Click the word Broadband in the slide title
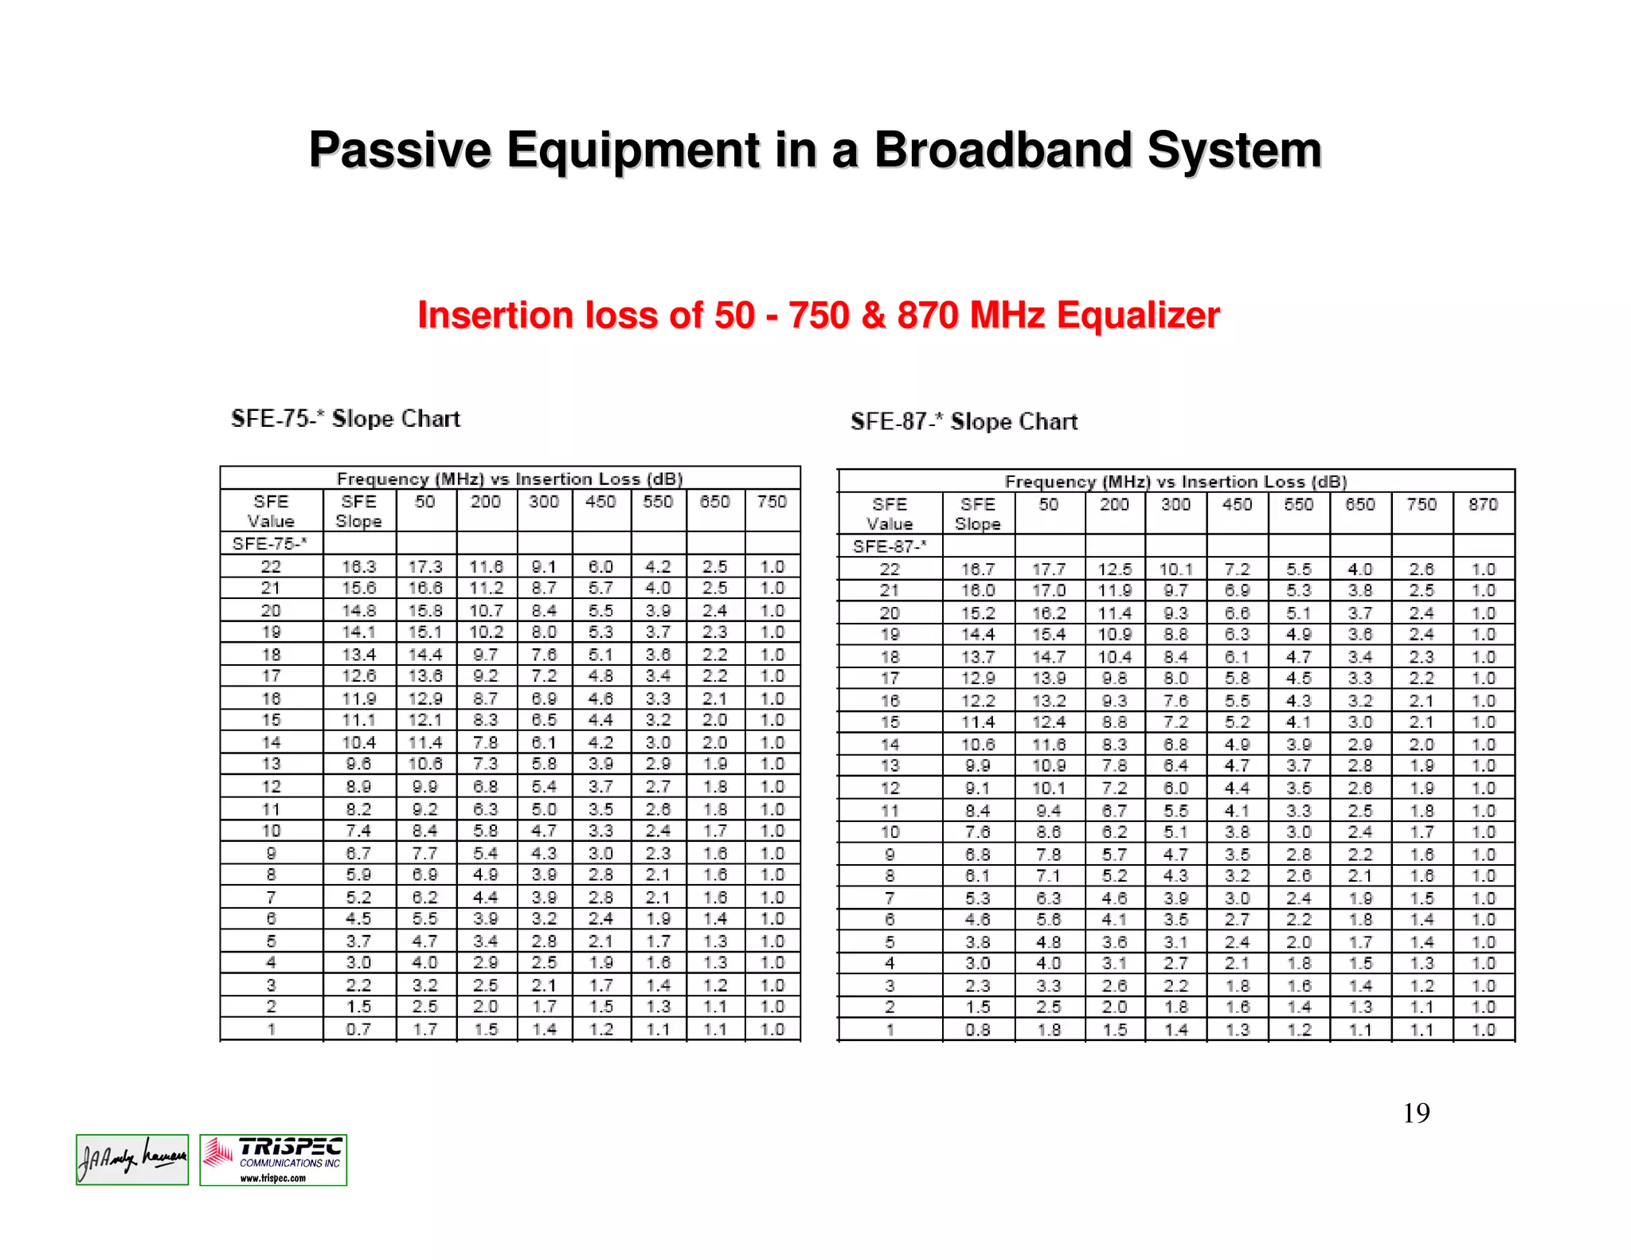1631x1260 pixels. [x=1001, y=150]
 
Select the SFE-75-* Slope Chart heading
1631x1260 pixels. [x=346, y=419]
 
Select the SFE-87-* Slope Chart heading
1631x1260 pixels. [x=964, y=421]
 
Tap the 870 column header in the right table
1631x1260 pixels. [x=1483, y=505]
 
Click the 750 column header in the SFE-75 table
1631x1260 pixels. [x=772, y=502]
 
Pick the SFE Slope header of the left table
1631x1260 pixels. [x=358, y=511]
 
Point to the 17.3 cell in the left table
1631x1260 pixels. [x=425, y=566]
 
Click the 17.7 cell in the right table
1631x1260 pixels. [x=1049, y=569]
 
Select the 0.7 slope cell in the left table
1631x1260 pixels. [x=358, y=1029]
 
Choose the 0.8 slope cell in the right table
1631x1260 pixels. [x=977, y=1030]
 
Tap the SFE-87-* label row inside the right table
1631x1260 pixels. [x=890, y=547]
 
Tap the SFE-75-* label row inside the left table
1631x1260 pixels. [x=270, y=544]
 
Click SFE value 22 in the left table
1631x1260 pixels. [x=271, y=566]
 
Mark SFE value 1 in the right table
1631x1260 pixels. [x=890, y=1030]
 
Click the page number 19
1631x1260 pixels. [x=1416, y=1113]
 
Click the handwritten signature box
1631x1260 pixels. [x=132, y=1160]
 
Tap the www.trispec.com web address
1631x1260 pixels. [x=273, y=1178]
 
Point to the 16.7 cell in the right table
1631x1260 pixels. [x=977, y=569]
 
